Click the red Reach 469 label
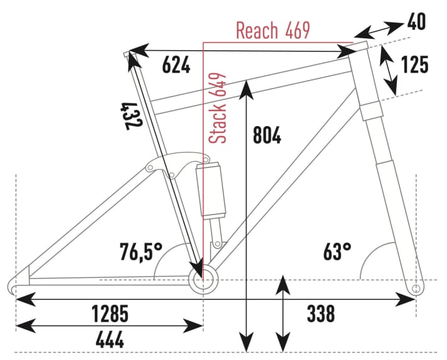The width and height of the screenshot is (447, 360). (272, 31)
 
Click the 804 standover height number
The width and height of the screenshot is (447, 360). (266, 135)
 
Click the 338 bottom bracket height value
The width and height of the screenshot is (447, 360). (320, 312)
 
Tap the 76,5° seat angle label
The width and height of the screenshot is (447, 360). (141, 252)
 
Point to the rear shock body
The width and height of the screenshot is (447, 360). (211, 188)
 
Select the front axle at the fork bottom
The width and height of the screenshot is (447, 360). (414, 288)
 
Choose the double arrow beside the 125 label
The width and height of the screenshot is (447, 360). (390, 69)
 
